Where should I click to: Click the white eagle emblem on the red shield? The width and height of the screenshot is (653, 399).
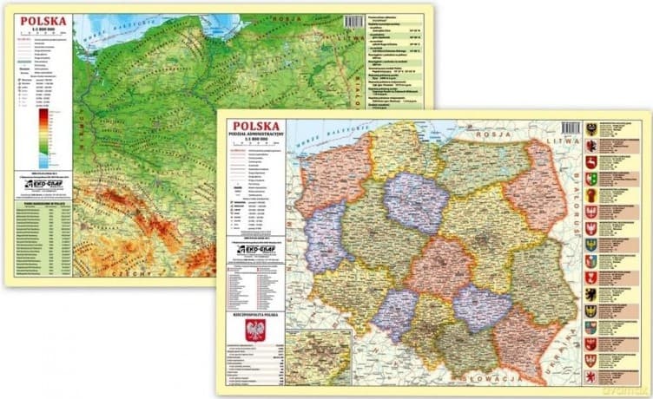click(x=254, y=330)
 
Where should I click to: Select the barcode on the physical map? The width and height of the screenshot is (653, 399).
click(x=355, y=23)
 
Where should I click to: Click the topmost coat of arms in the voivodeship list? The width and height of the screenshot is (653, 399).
click(x=591, y=128)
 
